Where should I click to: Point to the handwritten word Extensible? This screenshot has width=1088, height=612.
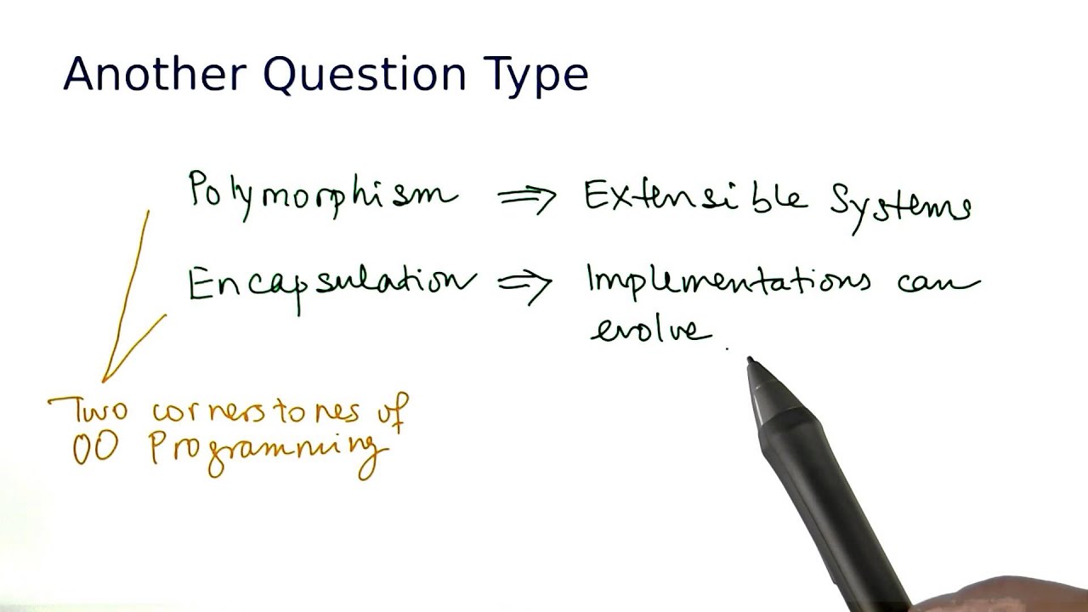click(x=694, y=197)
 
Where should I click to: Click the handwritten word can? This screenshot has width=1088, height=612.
click(x=938, y=283)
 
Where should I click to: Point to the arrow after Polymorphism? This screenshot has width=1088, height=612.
click(x=527, y=198)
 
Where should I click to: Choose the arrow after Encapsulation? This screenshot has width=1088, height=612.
click(x=525, y=286)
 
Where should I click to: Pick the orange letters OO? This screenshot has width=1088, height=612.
click(x=93, y=450)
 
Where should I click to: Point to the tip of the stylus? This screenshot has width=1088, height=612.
click(x=751, y=362)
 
